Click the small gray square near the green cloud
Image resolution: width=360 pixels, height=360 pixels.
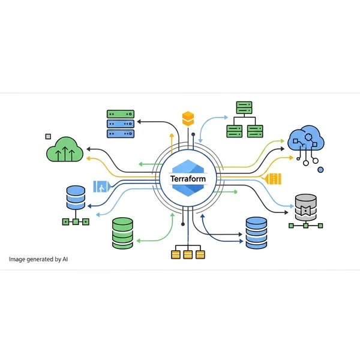tap(48, 136)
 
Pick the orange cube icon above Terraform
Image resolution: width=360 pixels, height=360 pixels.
tap(189, 118)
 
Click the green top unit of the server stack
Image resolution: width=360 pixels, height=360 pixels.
tap(121, 113)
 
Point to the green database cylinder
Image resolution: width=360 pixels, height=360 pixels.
tap(122, 233)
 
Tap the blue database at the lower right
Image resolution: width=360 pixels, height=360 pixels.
tap(259, 233)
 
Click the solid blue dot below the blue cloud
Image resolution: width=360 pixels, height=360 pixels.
tap(320, 170)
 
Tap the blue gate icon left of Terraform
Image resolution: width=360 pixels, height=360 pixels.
tap(100, 186)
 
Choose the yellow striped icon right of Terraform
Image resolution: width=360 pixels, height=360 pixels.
tap(274, 179)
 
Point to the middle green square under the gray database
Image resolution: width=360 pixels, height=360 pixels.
tap(306, 226)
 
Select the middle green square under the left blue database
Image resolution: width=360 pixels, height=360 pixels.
tap(76, 221)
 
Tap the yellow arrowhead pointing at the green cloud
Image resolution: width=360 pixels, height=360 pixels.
tap(89, 158)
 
